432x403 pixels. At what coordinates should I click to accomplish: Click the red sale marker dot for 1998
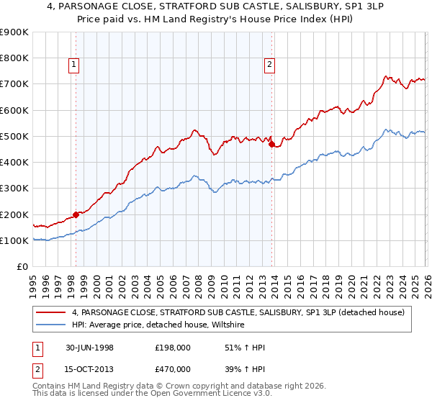(x=76, y=214)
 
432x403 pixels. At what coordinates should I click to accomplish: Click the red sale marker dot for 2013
(x=271, y=144)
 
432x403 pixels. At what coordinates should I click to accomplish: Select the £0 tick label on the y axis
(x=22, y=267)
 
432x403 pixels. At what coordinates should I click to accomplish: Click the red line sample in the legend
(x=52, y=312)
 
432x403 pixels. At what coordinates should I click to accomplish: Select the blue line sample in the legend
(x=52, y=325)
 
